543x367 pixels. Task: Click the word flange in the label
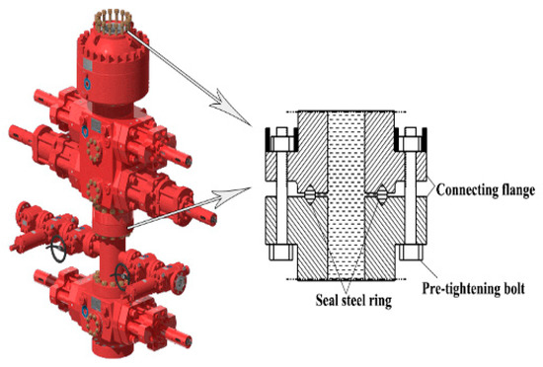point(515,190)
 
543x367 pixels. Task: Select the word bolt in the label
point(513,288)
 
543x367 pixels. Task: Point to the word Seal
point(327,300)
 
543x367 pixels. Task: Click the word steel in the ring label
point(356,300)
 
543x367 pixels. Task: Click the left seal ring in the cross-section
point(310,194)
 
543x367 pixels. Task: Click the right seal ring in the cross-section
point(382,194)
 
